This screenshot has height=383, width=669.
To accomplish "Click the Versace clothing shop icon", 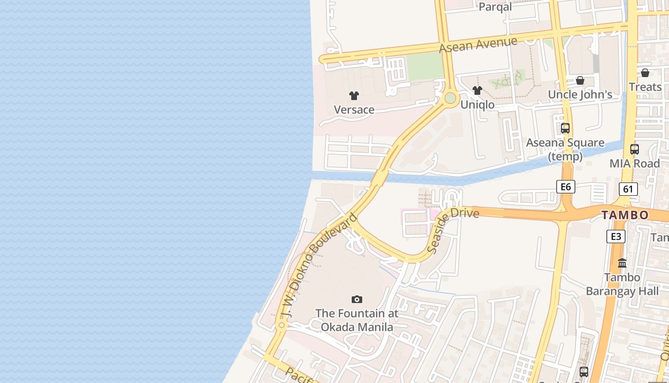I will point(354,96).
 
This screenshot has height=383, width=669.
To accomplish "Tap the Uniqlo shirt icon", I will point(477,90).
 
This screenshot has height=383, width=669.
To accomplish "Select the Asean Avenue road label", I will point(478,45).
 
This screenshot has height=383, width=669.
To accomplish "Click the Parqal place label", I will point(495,7).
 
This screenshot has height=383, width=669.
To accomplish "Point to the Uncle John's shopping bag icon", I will point(580,80).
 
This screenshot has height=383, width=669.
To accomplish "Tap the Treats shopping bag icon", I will point(645,73).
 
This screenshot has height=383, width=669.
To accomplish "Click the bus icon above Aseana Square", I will point(565,128).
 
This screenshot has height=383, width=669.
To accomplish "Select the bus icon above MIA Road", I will point(635,149).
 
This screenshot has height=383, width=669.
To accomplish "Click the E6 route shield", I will point(565,187).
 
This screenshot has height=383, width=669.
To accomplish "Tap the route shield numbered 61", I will point(628,189).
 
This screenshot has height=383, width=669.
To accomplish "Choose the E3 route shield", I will point(616,236).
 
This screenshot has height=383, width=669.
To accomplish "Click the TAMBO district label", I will point(625,215).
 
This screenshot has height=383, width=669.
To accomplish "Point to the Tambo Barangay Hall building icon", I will point(622,263).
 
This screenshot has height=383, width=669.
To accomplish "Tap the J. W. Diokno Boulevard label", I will point(319,266).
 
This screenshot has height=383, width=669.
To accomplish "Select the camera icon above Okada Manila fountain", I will point(356,300).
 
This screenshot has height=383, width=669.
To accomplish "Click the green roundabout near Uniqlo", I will point(450,98).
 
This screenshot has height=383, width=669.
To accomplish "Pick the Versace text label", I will point(354,110).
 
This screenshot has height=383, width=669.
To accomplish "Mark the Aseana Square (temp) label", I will point(565,149).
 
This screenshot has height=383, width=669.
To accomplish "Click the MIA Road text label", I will point(635,163).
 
